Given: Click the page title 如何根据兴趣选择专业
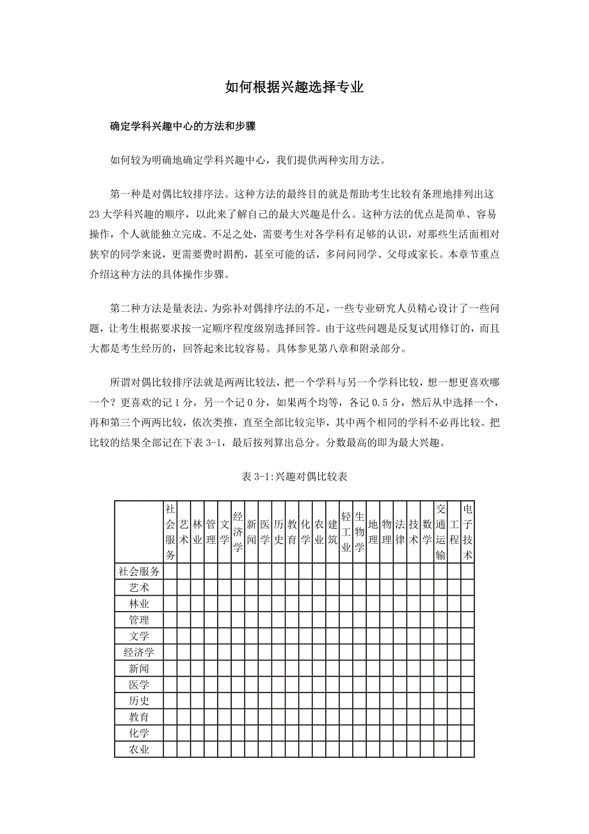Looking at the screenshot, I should tap(294, 88).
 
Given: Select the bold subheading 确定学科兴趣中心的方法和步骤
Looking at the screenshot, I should tap(183, 127).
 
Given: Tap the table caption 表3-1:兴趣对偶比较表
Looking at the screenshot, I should tap(294, 477).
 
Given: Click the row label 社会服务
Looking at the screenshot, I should tap(139, 571).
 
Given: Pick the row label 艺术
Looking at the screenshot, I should tap(139, 587).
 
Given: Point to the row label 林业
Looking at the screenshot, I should tap(139, 604).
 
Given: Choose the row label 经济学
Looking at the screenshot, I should tap(139, 653).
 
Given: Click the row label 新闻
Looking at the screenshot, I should tap(139, 669).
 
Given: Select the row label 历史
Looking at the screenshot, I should tap(139, 701).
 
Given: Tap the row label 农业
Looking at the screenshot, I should tap(139, 749).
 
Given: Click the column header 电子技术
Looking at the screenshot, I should tap(467, 532).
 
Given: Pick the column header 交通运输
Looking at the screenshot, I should tap(440, 532).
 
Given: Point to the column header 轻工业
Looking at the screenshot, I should tap(346, 532).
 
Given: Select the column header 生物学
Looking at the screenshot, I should tap(360, 532).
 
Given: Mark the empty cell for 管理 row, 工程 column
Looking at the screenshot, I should tap(454, 620).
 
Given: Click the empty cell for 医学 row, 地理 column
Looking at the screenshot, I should tap(373, 685).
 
